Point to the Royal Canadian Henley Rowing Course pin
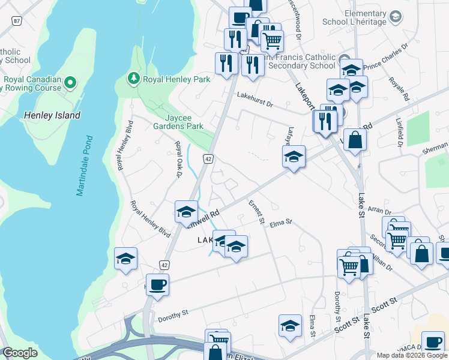point(70,82)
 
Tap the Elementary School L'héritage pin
point(396,16)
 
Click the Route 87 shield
point(16,20)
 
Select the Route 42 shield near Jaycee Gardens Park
point(208,158)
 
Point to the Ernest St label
point(256,212)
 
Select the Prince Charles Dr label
point(386,55)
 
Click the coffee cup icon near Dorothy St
point(158,284)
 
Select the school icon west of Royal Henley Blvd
point(125,259)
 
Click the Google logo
point(20,353)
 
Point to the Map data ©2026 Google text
point(412,355)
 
